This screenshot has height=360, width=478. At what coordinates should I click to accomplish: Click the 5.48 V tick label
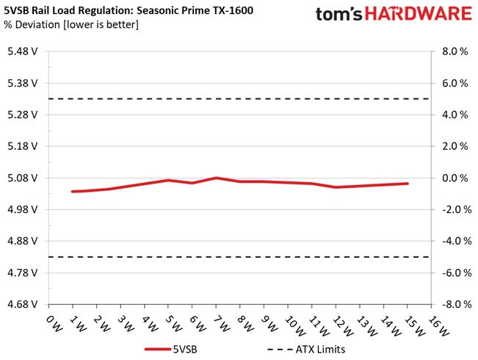point(23,51)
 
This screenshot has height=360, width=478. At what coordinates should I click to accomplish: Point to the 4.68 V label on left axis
point(23,304)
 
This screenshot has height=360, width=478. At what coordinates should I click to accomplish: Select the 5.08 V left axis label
point(23,178)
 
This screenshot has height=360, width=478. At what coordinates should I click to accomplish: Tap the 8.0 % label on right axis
point(455,51)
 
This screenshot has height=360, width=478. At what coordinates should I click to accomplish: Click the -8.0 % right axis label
point(457,304)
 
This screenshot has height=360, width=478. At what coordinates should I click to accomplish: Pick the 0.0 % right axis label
point(455,178)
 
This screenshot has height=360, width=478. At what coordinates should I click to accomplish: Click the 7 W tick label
point(222,323)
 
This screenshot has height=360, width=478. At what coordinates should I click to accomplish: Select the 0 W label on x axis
point(54,323)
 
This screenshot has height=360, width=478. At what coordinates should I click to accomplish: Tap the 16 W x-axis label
point(438,325)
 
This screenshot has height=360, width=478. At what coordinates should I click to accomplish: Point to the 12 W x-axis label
point(343,325)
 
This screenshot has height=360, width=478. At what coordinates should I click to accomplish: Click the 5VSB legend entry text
point(185,349)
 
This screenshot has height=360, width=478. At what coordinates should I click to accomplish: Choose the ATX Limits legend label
point(320,349)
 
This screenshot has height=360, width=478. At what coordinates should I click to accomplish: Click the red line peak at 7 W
point(216,178)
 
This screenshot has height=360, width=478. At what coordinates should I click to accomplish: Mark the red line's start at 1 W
point(73,192)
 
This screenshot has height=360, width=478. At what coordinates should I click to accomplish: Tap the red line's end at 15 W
point(408,184)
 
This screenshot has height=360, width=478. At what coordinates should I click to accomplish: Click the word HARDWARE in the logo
point(419,14)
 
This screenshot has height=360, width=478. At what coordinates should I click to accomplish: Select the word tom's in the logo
point(339,15)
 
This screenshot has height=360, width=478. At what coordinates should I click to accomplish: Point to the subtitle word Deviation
point(37,24)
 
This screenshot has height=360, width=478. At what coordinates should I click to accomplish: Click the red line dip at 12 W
point(336,187)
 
